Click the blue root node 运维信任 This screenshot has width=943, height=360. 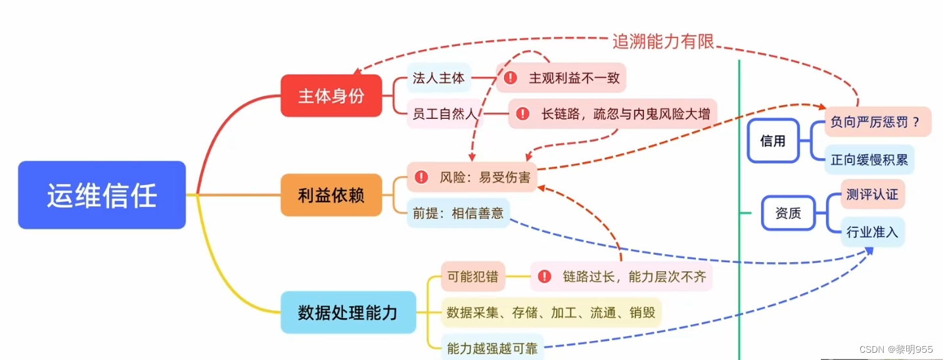[x=102, y=195]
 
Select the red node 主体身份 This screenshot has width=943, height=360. [x=331, y=96]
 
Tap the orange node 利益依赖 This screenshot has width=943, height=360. [x=331, y=195]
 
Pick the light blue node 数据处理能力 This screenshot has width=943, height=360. [x=348, y=312]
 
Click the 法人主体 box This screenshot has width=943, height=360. [x=438, y=78]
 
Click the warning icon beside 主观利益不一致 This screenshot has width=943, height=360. [x=511, y=78]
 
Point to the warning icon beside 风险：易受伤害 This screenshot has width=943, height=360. [x=421, y=177]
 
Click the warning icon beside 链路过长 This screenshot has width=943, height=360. [x=544, y=277]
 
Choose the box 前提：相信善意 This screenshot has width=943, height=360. [x=458, y=213]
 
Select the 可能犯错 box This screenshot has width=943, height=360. [x=472, y=277]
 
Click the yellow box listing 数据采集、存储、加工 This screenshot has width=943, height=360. [x=551, y=313]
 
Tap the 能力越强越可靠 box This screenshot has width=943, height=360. [x=492, y=347]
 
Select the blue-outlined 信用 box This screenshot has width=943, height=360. [x=773, y=141]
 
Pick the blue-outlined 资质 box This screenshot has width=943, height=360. [x=787, y=213]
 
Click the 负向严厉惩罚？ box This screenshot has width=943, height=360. [x=877, y=122]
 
